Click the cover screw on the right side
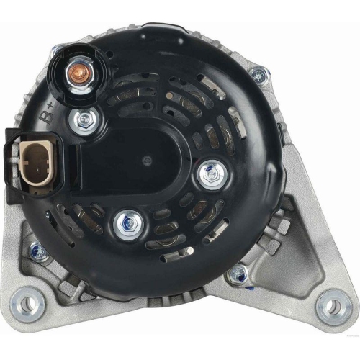point(211,176)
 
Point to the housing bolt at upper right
point(258,73)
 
